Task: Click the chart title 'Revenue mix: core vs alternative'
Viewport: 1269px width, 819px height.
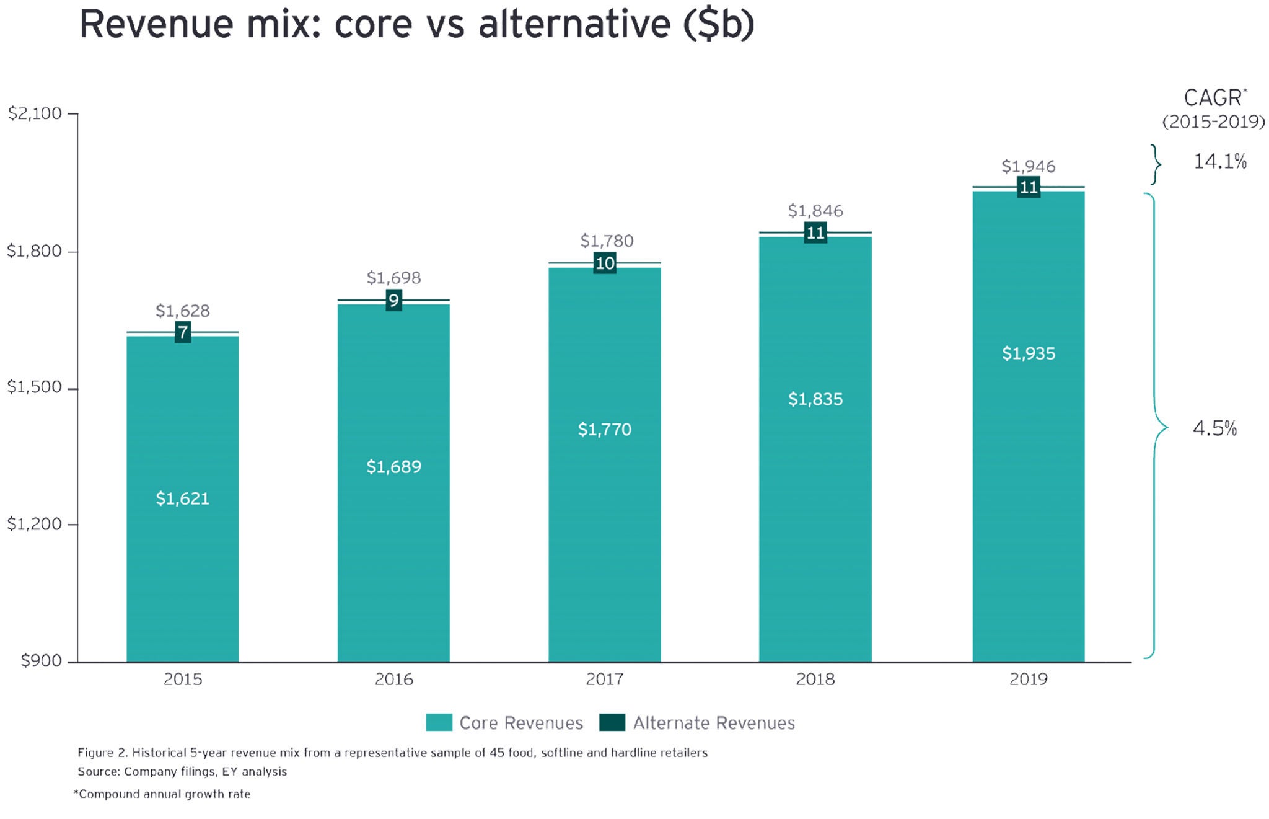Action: pyautogui.click(x=416, y=25)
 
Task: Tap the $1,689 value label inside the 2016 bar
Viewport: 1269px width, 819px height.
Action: pyautogui.click(x=393, y=467)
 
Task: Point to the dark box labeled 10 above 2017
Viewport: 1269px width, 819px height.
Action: pyautogui.click(x=605, y=263)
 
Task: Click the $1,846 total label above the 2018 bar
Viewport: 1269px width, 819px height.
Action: pyautogui.click(x=815, y=211)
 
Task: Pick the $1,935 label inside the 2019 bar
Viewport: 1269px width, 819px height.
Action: pyautogui.click(x=1029, y=353)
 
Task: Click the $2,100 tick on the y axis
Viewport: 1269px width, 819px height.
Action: pyautogui.click(x=35, y=113)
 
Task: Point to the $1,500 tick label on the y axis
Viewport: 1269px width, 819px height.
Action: pyautogui.click(x=35, y=387)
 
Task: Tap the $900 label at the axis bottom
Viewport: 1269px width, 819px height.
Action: pyautogui.click(x=41, y=661)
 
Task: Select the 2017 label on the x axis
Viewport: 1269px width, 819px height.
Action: pyautogui.click(x=605, y=680)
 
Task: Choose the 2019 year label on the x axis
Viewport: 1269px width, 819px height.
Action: pyautogui.click(x=1029, y=680)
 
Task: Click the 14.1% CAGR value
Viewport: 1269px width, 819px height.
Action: pyautogui.click(x=1220, y=162)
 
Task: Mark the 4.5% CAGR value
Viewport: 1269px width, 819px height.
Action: pyautogui.click(x=1214, y=428)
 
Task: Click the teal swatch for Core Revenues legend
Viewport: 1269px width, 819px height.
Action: pyautogui.click(x=439, y=723)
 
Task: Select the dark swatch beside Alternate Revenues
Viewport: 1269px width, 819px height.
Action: pyautogui.click(x=612, y=723)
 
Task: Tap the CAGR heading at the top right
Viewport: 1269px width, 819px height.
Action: pyautogui.click(x=1213, y=99)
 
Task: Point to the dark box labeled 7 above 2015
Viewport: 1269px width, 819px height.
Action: pyautogui.click(x=183, y=333)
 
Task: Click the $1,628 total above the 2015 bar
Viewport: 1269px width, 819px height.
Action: pyautogui.click(x=183, y=311)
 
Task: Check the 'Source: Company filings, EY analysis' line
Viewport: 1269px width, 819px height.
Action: pyautogui.click(x=182, y=772)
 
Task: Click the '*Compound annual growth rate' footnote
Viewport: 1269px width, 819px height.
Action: pyautogui.click(x=162, y=794)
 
